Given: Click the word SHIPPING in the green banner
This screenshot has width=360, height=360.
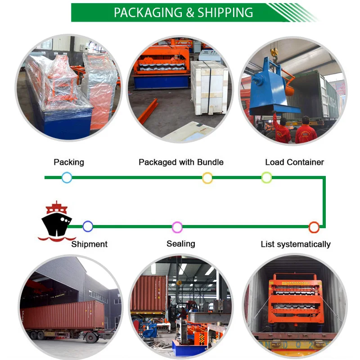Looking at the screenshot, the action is [225, 13].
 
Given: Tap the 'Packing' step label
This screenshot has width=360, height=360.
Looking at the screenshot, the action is [69, 162].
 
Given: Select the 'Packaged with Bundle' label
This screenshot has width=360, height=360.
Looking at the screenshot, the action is [181, 162].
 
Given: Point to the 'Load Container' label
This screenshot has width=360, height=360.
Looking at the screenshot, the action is [294, 162].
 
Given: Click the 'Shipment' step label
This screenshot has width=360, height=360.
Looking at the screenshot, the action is [89, 244].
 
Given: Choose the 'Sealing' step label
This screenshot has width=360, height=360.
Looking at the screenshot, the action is [180, 244].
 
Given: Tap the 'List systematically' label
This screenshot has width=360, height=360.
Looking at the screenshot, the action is [296, 244].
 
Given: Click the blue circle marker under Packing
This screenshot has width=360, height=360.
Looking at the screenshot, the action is [67, 178].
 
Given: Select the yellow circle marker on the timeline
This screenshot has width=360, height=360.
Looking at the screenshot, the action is [207, 178].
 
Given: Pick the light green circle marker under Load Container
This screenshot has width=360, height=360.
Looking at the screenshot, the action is [266, 178].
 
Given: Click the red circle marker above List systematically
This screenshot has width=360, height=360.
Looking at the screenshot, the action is [314, 227].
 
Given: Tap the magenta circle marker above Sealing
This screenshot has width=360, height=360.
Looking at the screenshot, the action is [177, 227].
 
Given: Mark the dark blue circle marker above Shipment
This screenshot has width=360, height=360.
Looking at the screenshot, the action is [88, 226].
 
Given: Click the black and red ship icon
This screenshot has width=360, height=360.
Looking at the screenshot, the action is [57, 220].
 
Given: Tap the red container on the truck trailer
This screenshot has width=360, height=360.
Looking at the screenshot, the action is [63, 315].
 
